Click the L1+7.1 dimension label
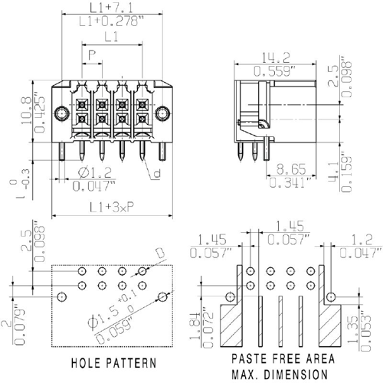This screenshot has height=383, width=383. coord(111,8)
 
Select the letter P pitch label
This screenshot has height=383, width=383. coord(92,55)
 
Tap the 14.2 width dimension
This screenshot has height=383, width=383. coord(276,57)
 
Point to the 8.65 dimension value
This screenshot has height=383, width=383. coord(291,169)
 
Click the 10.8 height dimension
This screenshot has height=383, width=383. coord(26,110)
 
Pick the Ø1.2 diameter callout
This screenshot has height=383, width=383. coord(95,172)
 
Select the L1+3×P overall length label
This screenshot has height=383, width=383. coord(112,208)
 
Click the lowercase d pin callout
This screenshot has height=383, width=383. coord(157,173)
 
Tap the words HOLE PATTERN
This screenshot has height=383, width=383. coord(114,363)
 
